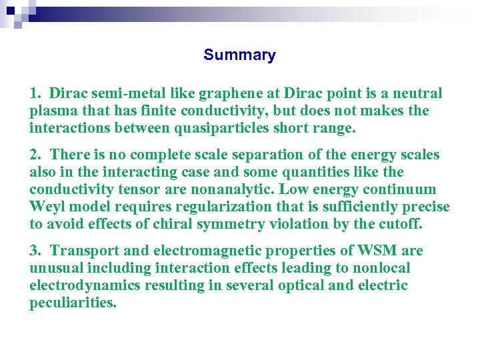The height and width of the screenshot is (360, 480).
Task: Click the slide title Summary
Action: (239, 55)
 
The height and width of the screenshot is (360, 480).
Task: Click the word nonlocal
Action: (382, 268)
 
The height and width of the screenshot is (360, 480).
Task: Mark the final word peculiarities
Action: (73, 303)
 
